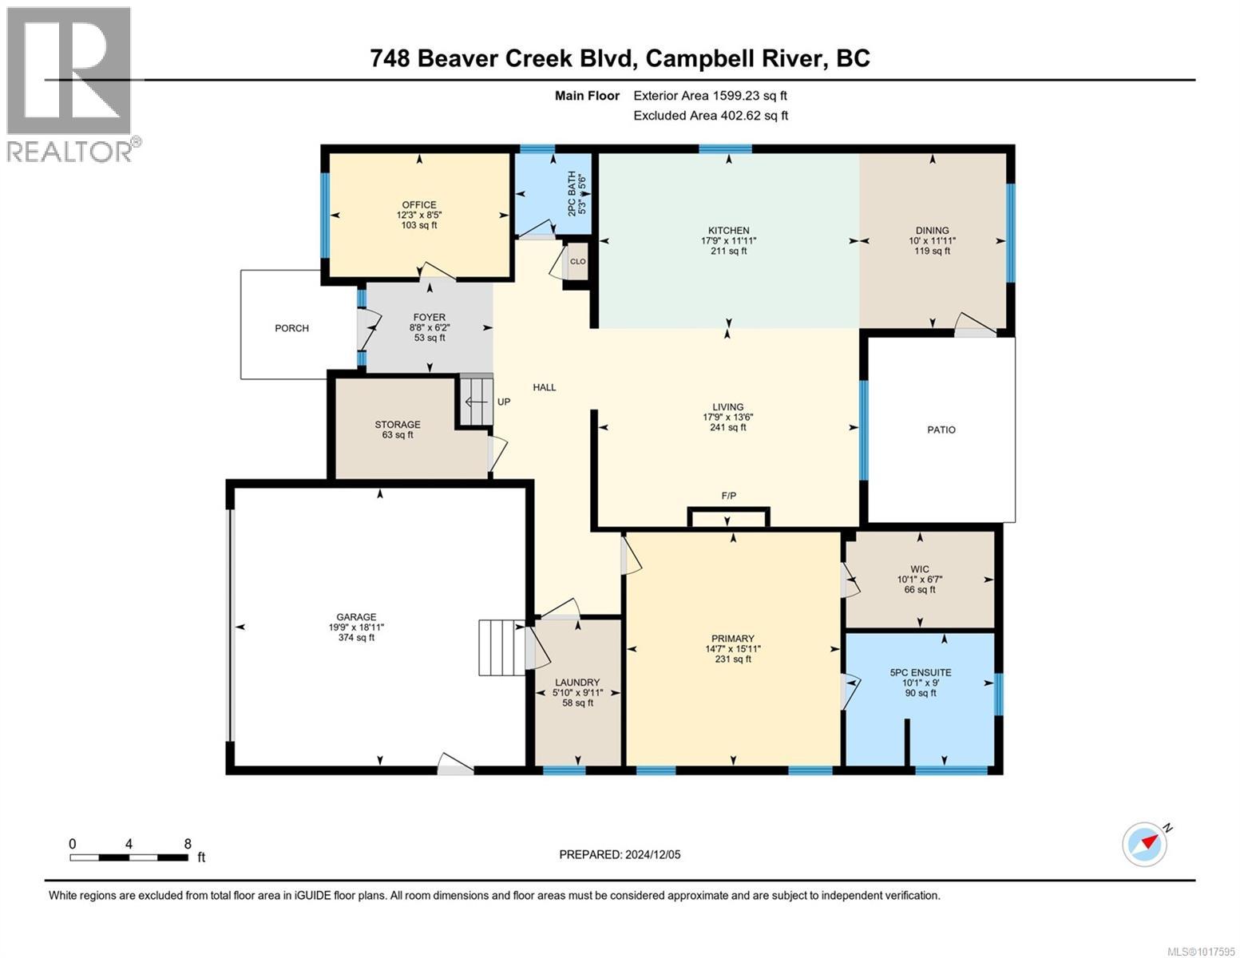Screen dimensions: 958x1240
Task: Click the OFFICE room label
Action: [418, 205]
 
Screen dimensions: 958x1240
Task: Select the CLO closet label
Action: [577, 262]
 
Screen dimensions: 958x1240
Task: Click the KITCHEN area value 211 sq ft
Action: [727, 251]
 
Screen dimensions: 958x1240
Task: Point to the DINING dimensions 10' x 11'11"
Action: [932, 241]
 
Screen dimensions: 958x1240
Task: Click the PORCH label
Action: [291, 328]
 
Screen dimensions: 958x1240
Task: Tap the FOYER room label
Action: [430, 318]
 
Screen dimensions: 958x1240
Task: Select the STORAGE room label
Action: [398, 425]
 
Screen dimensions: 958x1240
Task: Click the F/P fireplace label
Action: [728, 496]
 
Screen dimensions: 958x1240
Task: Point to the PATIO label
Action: [941, 430]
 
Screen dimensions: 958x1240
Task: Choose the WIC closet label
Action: [920, 569]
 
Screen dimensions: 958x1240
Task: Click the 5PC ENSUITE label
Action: [920, 672]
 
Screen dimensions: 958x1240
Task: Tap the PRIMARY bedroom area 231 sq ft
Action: [732, 659]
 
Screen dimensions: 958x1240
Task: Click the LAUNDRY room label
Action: [576, 683]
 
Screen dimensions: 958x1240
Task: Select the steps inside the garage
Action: [501, 647]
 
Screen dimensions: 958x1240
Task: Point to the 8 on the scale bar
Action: [188, 844]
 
